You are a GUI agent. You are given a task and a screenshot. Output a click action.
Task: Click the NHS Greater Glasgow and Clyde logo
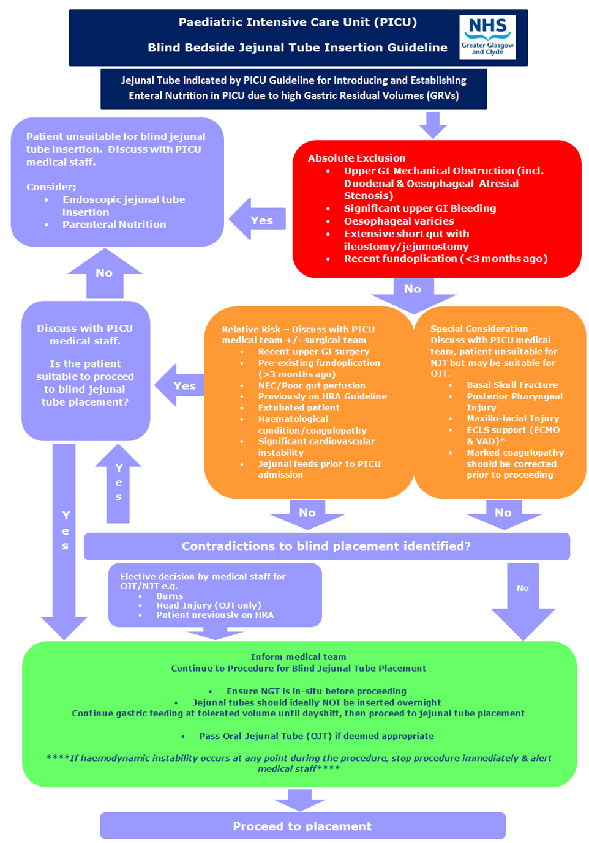[487, 37]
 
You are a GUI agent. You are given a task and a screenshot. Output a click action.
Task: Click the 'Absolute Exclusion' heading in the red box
[356, 158]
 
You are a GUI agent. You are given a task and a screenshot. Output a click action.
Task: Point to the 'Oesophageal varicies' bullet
[399, 221]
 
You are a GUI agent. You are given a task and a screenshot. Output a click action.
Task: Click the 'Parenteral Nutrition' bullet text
[114, 225]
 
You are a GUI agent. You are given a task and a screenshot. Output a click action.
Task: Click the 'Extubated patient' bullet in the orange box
[298, 407]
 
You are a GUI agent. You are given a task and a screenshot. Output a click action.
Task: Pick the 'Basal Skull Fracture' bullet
[512, 385]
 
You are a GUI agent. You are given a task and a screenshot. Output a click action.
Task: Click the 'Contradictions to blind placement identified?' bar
[326, 546]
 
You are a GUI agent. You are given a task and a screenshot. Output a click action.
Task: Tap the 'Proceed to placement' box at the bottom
[302, 826]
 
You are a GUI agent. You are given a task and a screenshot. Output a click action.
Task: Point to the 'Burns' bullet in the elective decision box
[170, 596]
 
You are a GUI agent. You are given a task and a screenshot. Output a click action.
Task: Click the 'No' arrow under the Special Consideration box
[503, 514]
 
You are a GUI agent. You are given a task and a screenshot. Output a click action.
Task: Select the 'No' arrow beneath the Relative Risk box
[307, 514]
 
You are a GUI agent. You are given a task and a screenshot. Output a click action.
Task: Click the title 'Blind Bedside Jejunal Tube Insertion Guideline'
[298, 48]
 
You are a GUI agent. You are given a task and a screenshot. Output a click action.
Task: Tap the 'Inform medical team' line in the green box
[298, 657]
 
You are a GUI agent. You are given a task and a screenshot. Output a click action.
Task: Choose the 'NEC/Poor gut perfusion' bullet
[311, 385]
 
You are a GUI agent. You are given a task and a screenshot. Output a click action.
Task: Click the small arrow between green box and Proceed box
[299, 799]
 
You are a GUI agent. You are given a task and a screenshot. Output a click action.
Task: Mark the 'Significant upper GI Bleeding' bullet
[419, 208]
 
